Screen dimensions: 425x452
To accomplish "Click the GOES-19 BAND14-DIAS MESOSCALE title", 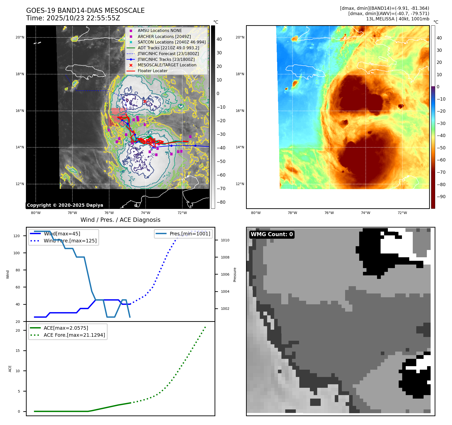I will click(x=85, y=11).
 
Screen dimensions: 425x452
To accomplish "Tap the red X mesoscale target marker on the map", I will click(x=145, y=102).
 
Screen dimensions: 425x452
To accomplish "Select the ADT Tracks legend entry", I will click(x=168, y=48).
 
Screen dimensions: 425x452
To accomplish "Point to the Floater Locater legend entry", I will click(x=152, y=71).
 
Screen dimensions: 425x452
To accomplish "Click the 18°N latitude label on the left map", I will click(x=20, y=74).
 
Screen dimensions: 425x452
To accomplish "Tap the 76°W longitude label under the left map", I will click(x=109, y=213).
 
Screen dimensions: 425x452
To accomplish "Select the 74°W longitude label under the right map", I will click(x=365, y=213).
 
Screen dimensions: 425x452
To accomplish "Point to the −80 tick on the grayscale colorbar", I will click(x=221, y=202).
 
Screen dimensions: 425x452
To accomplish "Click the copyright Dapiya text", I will click(x=65, y=205).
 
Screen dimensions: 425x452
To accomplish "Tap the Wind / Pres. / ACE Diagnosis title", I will click(x=120, y=220).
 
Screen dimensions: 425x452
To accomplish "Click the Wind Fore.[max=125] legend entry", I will click(x=70, y=241).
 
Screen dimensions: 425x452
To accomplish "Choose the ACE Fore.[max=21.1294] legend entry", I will click(x=74, y=335).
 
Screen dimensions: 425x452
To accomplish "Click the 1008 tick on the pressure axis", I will click(x=225, y=257).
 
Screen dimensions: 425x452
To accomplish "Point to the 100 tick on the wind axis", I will click(x=17, y=253).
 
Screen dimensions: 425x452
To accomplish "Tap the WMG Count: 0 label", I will click(x=272, y=234).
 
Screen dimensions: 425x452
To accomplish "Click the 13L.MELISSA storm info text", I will click(x=397, y=19).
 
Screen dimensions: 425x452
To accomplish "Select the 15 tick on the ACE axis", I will click(x=18, y=351).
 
